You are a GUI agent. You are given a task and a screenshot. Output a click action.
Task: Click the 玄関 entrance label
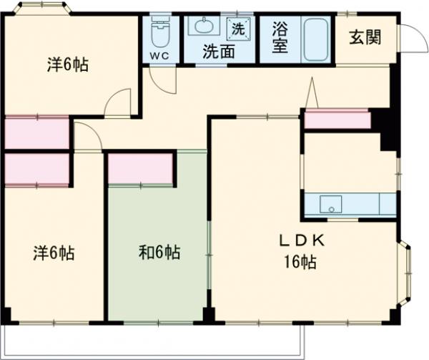click(365, 38)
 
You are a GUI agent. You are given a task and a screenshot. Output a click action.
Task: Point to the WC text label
click(159, 54)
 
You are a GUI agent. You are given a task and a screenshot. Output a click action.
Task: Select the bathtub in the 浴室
click(315, 41)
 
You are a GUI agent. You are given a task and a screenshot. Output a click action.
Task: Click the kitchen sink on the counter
click(330, 204)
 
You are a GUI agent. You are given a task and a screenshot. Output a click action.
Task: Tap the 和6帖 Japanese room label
click(158, 253)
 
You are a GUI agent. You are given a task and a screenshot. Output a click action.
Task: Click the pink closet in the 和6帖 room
click(141, 169)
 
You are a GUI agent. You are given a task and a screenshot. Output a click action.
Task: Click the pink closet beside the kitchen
click(337, 120)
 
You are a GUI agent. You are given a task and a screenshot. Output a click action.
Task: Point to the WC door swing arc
click(166, 80)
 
